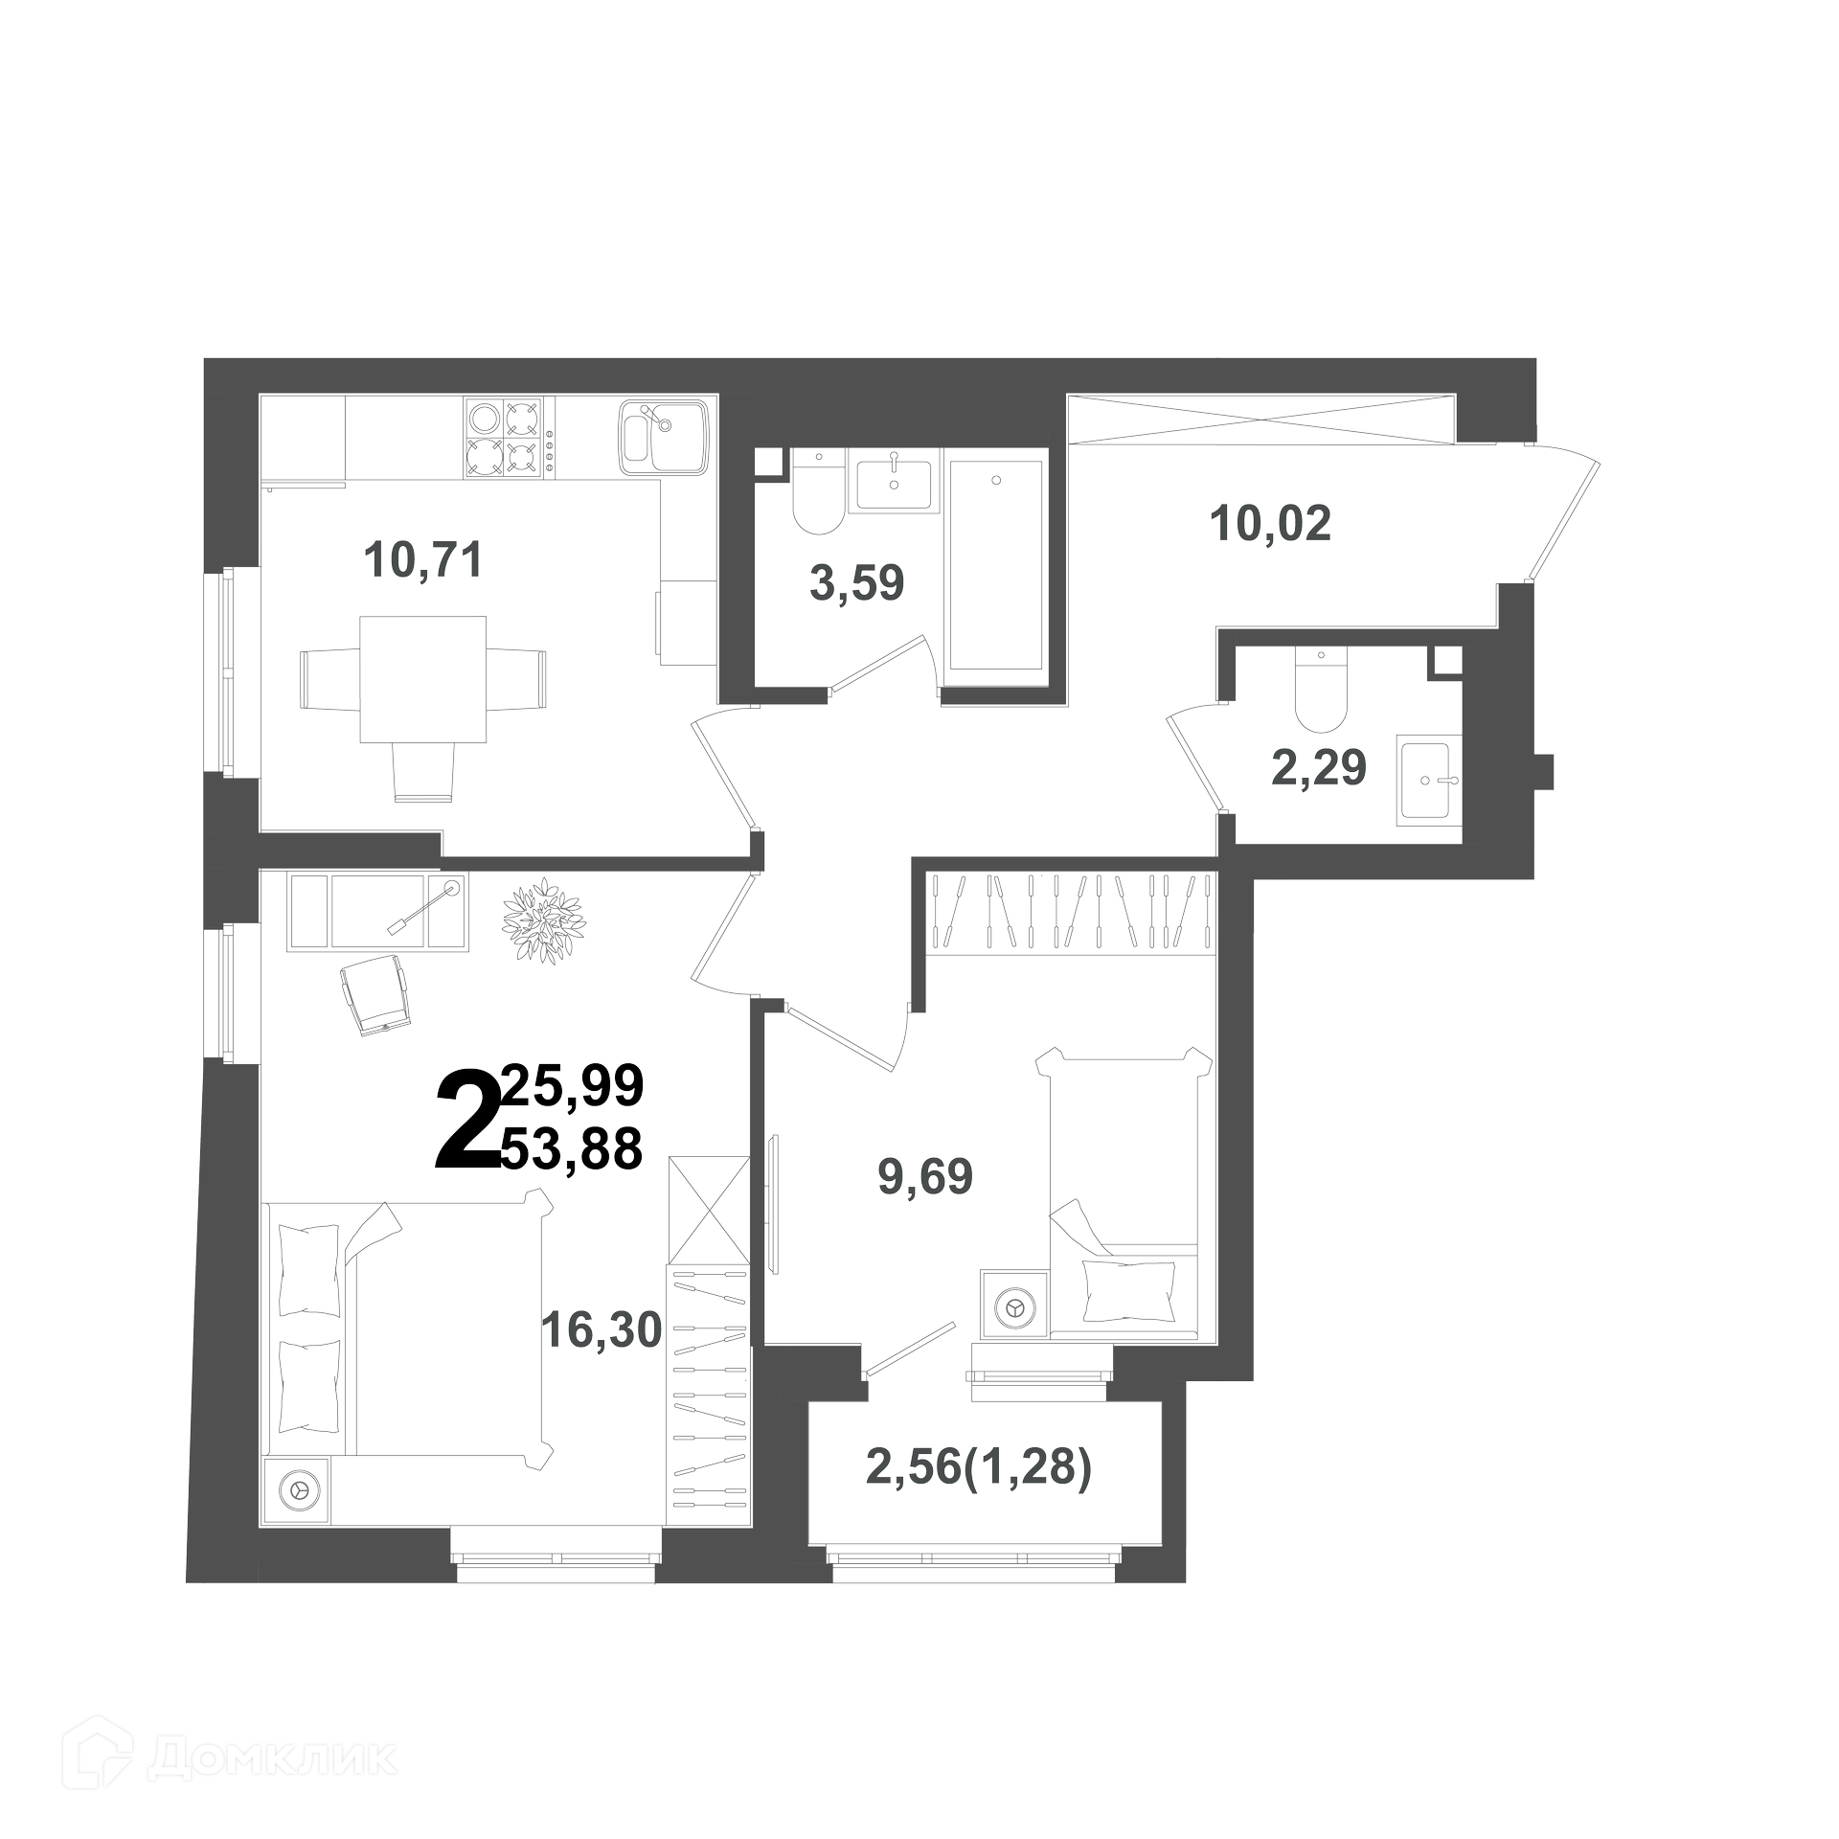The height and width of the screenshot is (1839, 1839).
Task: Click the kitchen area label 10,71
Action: pyautogui.click(x=422, y=559)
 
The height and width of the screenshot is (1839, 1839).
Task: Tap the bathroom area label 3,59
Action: pyautogui.click(x=857, y=582)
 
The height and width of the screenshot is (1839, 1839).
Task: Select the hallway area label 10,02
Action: pyautogui.click(x=1271, y=523)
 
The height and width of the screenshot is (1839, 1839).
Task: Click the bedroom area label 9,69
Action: pyautogui.click(x=925, y=1176)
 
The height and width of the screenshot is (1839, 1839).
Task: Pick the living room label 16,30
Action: pyautogui.click(x=602, y=1329)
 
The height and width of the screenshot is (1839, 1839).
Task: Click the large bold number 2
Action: pyautogui.click(x=467, y=1122)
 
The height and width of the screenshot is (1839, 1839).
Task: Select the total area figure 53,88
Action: pyautogui.click(x=572, y=1149)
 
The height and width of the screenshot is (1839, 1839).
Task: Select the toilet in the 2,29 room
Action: pyautogui.click(x=1322, y=690)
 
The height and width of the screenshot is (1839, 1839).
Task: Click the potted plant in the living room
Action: pyautogui.click(x=544, y=919)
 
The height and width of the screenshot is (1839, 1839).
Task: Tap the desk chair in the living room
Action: pyautogui.click(x=375, y=994)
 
